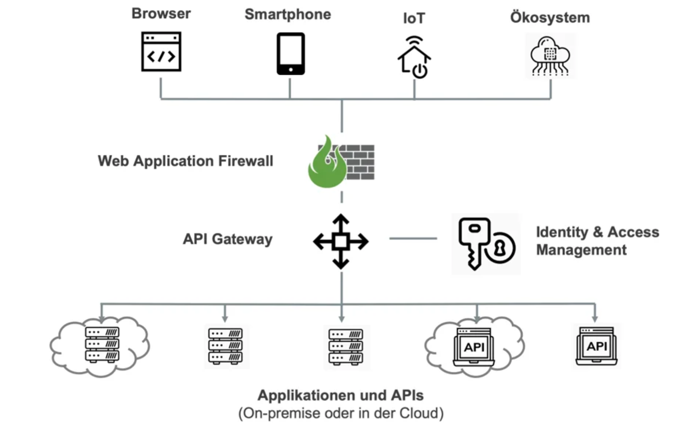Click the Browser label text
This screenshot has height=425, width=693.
pyautogui.click(x=161, y=14)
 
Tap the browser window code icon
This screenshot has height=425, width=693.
pyautogui.click(x=161, y=52)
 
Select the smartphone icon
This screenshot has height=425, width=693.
pyautogui.click(x=290, y=54)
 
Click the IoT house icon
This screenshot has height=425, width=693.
pyautogui.click(x=414, y=57)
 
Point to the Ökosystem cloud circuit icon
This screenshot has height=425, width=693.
pyautogui.click(x=550, y=56)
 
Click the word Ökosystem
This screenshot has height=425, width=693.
pyautogui.click(x=550, y=18)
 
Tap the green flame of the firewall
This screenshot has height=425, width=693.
pyautogui.click(x=326, y=166)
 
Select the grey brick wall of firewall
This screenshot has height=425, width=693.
pyautogui.click(x=359, y=162)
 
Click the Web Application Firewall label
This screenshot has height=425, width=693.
pyautogui.click(x=185, y=161)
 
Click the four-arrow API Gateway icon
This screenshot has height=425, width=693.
pyautogui.click(x=341, y=242)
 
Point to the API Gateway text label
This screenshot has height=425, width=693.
pyautogui.click(x=227, y=239)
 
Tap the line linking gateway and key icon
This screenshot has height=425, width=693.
pyautogui.click(x=413, y=239)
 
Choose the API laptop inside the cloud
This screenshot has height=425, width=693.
pyautogui.click(x=474, y=347)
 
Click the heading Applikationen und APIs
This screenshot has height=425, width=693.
pyautogui.click(x=340, y=396)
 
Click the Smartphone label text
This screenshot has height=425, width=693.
pyautogui.click(x=288, y=14)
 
